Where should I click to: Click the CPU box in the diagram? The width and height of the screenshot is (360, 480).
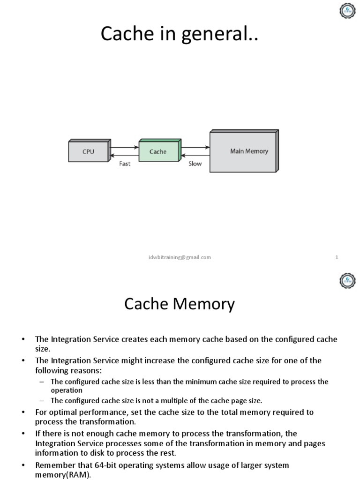88,152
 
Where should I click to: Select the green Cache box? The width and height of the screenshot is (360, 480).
158,151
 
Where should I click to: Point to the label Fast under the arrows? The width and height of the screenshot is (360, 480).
125,164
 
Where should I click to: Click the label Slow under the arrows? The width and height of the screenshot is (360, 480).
195,164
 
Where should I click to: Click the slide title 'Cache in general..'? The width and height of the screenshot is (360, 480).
180,34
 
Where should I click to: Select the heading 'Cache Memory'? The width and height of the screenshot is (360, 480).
180,304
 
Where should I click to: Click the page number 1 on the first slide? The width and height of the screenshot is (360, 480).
337,257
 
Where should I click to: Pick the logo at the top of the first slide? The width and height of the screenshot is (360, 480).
347,11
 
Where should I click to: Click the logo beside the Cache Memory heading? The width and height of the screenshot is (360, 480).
347,281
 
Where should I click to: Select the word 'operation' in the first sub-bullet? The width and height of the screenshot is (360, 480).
67,390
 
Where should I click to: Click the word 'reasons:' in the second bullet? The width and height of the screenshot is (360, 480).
87,370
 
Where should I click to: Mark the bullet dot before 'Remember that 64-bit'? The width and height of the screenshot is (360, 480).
23,465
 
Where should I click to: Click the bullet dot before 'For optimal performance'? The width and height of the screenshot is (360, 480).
23,412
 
